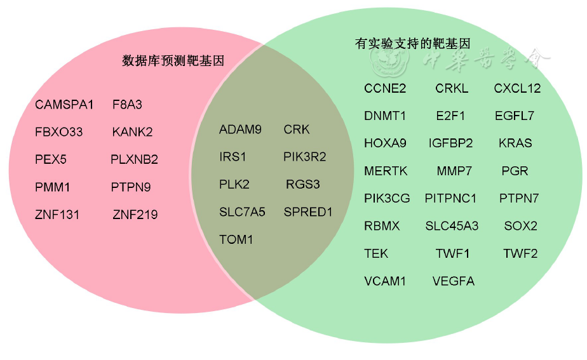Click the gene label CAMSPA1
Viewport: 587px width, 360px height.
[x=64, y=105]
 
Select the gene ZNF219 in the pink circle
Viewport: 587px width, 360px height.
[x=135, y=215]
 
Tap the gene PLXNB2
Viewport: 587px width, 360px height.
[x=134, y=159]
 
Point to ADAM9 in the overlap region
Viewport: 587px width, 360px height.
[x=240, y=130]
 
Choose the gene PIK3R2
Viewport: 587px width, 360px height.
[x=305, y=157]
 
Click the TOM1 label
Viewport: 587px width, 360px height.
[x=236, y=240]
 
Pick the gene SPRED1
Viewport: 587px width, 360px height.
[x=308, y=212]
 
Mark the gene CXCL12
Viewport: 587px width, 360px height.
[x=517, y=88]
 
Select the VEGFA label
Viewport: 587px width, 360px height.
[x=453, y=281]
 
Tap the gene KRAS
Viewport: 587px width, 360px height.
[x=515, y=143]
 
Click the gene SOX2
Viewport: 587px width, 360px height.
[x=521, y=226]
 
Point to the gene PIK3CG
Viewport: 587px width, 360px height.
[x=387, y=199]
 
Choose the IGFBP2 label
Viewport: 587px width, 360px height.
[x=450, y=143]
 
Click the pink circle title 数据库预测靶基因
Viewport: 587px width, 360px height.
[x=173, y=61]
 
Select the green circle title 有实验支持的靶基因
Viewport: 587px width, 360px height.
[x=412, y=44]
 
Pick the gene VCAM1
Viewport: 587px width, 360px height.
[x=385, y=281]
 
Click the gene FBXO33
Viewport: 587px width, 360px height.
[x=59, y=132]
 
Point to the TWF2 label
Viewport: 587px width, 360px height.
[x=520, y=253]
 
